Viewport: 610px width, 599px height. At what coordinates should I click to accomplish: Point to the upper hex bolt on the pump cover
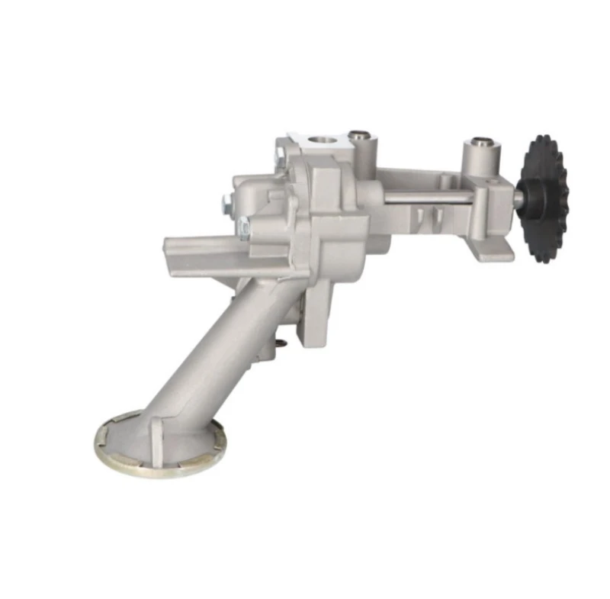(x=226, y=202)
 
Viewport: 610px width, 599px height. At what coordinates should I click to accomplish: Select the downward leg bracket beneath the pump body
(x=316, y=313)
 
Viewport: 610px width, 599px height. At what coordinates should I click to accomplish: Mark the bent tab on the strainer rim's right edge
(x=222, y=440)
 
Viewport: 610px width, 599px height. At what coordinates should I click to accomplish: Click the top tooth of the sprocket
(x=543, y=140)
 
